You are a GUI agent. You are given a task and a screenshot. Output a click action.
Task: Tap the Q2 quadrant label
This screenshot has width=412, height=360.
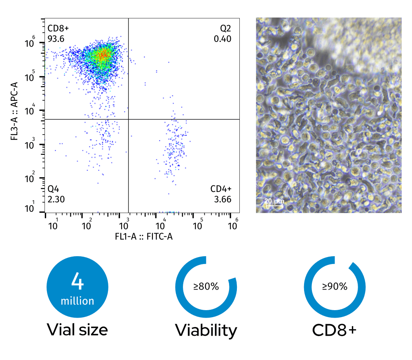(225, 29)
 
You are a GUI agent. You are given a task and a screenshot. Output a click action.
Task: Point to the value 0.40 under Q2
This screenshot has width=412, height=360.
(223, 39)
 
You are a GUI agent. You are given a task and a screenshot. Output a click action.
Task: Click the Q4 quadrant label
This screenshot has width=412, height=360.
(54, 189)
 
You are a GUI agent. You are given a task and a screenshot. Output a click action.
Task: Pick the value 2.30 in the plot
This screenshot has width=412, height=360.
(56, 199)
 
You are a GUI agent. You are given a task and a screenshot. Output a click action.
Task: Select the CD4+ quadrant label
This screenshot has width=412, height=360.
(221, 189)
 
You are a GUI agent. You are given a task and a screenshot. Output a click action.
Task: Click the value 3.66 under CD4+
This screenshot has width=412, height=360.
(223, 199)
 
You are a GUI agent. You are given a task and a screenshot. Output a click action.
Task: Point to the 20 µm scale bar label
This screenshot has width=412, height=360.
(274, 201)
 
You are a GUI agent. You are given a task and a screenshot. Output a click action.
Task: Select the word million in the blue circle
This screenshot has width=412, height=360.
(77, 301)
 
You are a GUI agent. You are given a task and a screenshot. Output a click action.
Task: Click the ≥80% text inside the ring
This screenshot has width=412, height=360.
(206, 287)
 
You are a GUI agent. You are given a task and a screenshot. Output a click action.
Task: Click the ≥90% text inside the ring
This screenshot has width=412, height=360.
(335, 287)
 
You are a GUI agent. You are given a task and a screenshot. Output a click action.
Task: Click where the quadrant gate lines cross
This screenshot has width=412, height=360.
(129, 119)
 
